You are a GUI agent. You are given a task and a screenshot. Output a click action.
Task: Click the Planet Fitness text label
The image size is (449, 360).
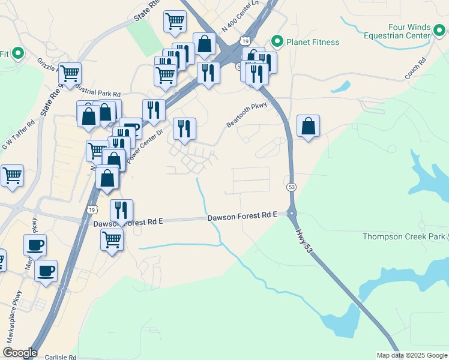pyautogui.click(x=313, y=42)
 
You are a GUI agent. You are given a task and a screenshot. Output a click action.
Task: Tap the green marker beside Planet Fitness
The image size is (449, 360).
pyautogui.click(x=277, y=42)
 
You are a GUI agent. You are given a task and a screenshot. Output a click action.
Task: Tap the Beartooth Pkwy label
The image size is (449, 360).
pyautogui.click(x=246, y=114)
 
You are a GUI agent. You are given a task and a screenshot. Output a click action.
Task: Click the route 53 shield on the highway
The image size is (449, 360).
pyautogui.click(x=291, y=187)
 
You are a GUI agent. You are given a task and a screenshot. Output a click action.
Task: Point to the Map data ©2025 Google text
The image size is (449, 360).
pyautogui.click(x=412, y=355)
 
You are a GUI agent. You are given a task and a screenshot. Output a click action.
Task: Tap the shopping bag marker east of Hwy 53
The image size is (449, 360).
pyautogui.click(x=308, y=127)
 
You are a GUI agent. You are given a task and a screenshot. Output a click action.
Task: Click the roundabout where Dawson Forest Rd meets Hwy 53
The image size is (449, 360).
pyautogui.click(x=292, y=214)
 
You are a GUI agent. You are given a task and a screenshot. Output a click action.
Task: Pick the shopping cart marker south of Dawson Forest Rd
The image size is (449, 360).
pyautogui.click(x=112, y=240)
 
